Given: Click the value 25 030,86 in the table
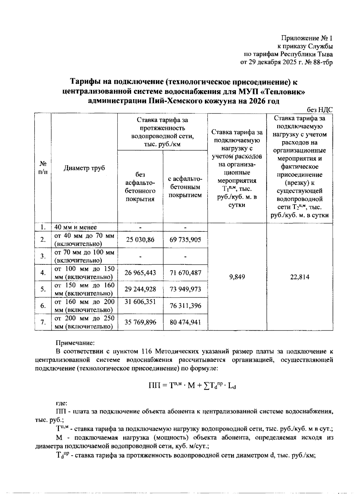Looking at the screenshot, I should [x=140, y=240].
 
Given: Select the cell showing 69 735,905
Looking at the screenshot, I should [x=185, y=240].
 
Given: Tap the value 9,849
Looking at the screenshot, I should [x=237, y=277].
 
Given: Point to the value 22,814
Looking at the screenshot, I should [x=300, y=277].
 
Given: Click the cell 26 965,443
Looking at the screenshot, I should [x=140, y=272].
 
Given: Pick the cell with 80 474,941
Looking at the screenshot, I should [x=185, y=322].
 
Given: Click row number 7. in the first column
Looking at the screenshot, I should [x=43, y=322].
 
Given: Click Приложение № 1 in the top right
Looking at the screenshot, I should [x=307, y=38].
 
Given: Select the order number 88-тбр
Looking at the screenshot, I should [x=323, y=63].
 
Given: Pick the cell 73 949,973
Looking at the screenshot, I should [x=185, y=289].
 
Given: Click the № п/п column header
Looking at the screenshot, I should [x=43, y=168].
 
